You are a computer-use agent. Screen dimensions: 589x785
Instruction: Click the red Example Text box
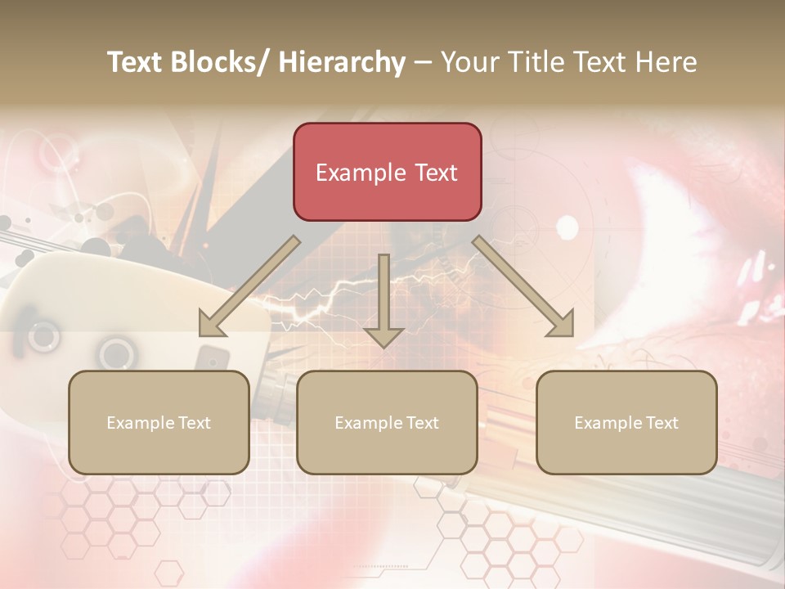coord(387,172)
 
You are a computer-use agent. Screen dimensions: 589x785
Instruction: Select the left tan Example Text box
coord(159,422)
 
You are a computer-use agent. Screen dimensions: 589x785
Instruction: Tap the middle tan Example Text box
coord(387,422)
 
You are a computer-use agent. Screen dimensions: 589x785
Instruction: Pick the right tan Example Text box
coord(626,422)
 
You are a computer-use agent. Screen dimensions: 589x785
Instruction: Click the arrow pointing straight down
coord(384,299)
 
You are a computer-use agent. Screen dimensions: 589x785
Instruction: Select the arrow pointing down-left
coord(249,286)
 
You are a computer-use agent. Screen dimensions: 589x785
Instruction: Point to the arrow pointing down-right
coord(523,286)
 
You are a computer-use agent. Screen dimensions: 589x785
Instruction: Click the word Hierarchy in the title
coord(342,62)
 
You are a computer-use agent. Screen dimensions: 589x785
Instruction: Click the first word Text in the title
coord(136,62)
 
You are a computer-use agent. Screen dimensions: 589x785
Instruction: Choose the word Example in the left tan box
coord(141,423)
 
